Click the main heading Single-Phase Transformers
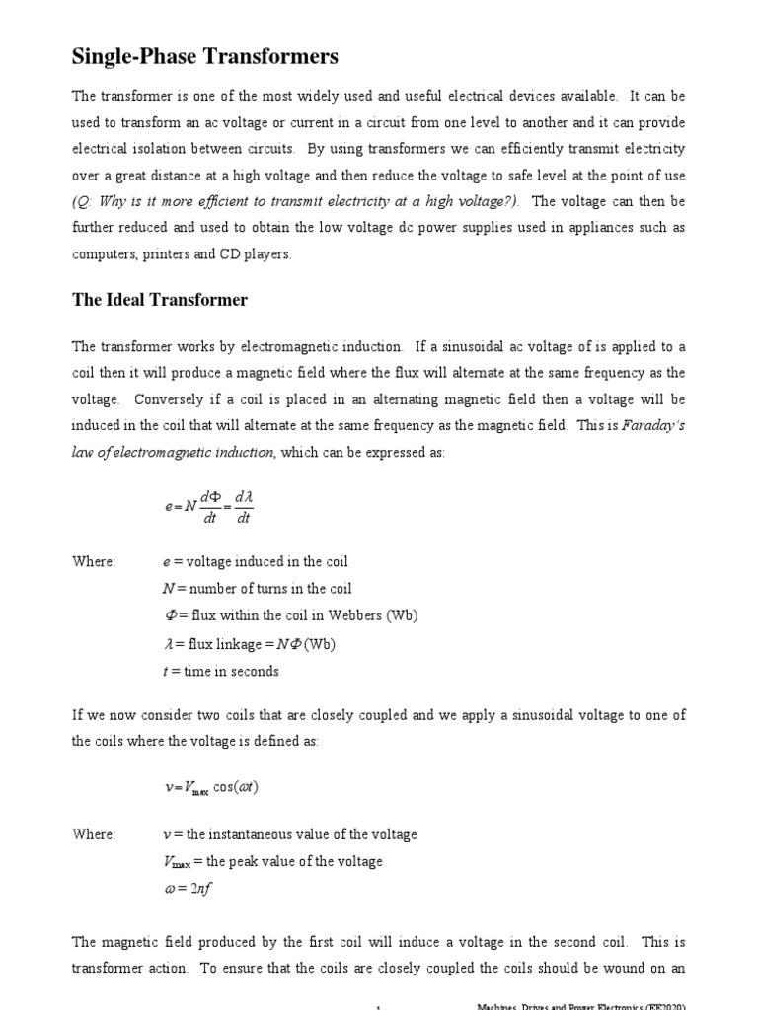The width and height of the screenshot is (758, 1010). click(205, 57)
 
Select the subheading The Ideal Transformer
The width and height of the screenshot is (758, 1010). click(160, 299)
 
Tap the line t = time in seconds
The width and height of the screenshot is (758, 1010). click(220, 671)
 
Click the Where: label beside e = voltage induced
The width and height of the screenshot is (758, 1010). click(94, 561)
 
